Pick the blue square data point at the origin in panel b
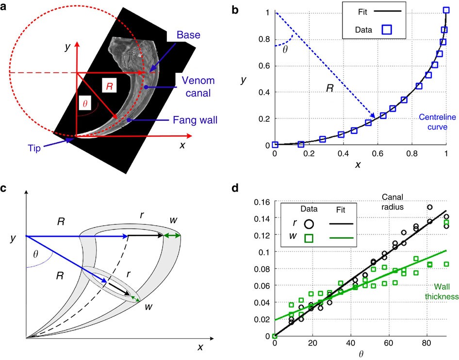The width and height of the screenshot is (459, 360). click(275, 145)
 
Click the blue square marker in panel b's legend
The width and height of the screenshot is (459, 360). click(387, 30)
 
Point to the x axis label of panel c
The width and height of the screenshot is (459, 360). click(199, 348)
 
